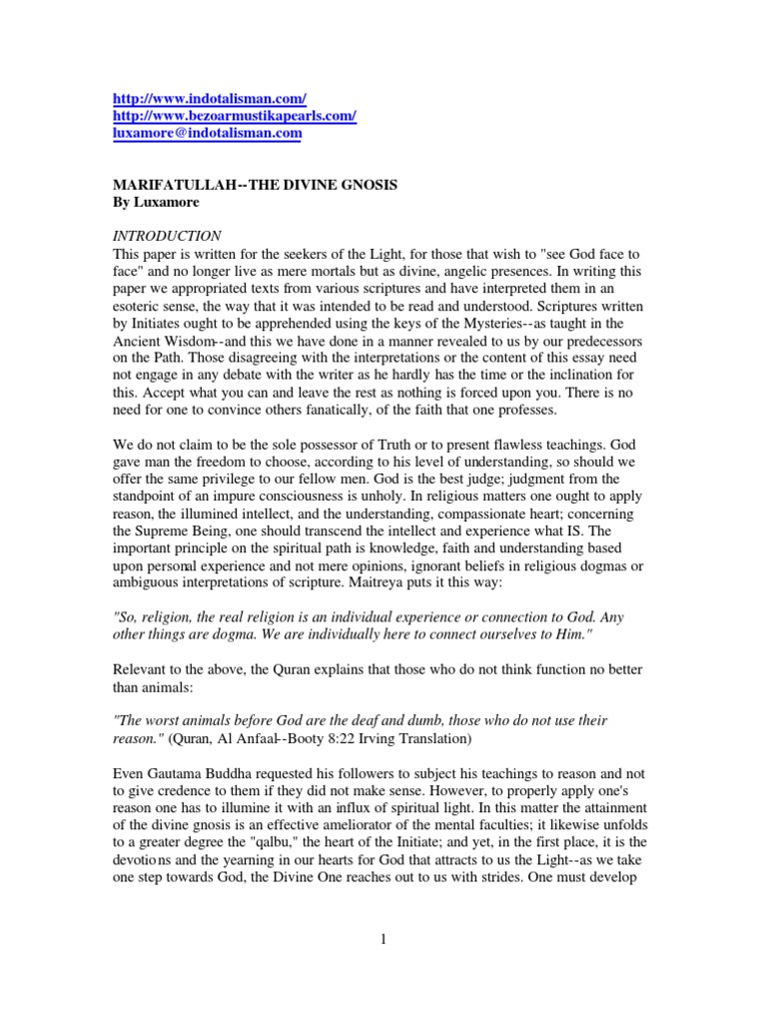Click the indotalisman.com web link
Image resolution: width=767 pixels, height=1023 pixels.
pos(209,98)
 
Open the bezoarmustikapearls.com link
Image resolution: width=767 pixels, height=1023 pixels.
pos(234,115)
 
